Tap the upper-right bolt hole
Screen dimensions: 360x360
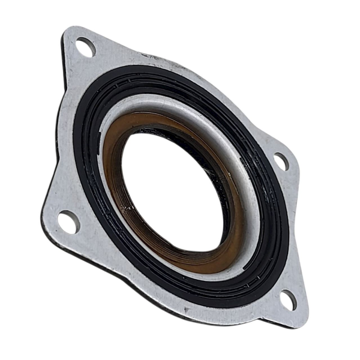coord(281,161)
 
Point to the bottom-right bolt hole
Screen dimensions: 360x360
coord(288,299)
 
